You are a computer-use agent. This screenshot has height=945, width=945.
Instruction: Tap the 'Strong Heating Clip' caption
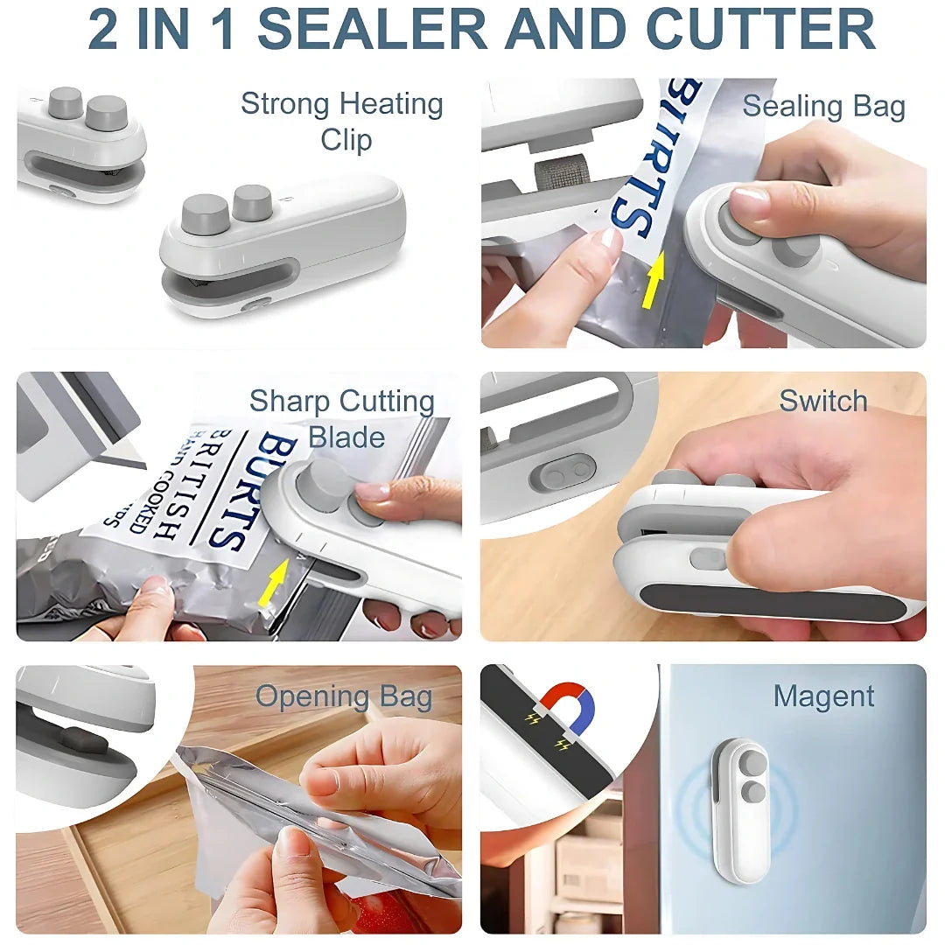[x=342, y=121]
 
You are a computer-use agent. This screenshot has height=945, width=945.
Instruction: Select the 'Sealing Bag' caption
[x=823, y=106]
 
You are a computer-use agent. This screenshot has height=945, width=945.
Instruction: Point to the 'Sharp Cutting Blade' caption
[x=342, y=418]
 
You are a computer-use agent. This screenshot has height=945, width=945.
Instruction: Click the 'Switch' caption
[x=823, y=401]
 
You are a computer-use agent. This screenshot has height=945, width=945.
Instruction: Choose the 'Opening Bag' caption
[x=344, y=696]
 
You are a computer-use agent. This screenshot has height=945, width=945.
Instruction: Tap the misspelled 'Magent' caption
[x=823, y=696]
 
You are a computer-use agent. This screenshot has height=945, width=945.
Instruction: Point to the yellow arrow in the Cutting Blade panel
[x=274, y=584]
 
